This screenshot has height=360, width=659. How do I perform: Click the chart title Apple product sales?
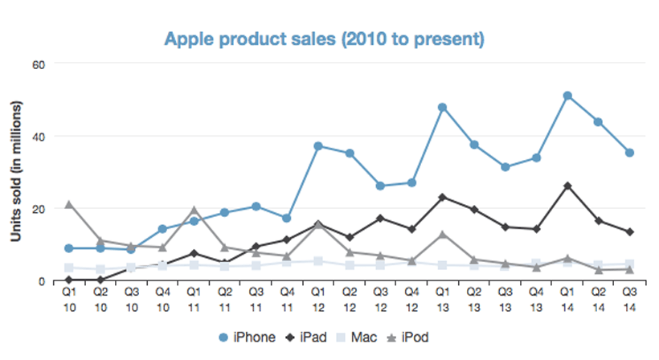(x=325, y=39)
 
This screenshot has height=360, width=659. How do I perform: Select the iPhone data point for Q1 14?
(x=567, y=96)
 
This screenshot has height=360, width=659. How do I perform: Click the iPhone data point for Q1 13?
(x=442, y=107)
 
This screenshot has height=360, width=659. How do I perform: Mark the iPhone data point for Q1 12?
(x=318, y=146)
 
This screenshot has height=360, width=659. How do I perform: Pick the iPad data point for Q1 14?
(x=567, y=186)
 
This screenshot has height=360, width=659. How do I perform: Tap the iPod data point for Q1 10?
(x=70, y=204)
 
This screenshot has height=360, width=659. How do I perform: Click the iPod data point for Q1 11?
(x=194, y=210)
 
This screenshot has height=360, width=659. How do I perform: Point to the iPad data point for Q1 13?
(x=442, y=197)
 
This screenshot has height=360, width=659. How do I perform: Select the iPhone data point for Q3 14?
(x=630, y=153)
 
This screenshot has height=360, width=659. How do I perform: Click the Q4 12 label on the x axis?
(x=411, y=298)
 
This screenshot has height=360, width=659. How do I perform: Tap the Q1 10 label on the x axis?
(x=70, y=298)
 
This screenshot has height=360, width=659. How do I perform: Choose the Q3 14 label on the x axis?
(x=630, y=298)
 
